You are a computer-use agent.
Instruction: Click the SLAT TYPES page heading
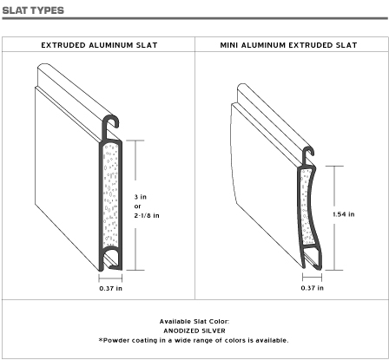tap(33, 10)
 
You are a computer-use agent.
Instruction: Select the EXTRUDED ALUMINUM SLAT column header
tap(99, 45)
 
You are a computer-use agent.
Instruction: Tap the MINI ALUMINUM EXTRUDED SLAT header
tap(288, 45)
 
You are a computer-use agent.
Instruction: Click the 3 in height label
tap(141, 197)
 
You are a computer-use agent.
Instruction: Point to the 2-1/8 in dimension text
tap(147, 215)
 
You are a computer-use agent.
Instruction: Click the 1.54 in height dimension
tap(344, 214)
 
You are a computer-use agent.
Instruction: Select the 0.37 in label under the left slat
tap(110, 288)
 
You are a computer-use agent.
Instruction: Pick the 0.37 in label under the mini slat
tap(313, 288)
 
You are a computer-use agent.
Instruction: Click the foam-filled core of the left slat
tap(110, 194)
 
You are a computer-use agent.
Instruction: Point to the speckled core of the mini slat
tap(306, 206)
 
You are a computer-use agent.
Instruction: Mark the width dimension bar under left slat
tap(110, 278)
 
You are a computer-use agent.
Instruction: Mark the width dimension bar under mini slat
tap(312, 278)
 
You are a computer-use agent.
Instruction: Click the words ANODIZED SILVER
tap(194, 331)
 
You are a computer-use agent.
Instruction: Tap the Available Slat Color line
tap(194, 322)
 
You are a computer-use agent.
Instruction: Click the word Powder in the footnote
tap(115, 340)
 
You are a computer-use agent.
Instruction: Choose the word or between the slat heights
tap(137, 206)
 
